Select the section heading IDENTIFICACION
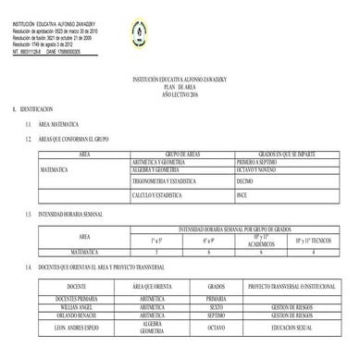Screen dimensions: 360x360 coord(32,109)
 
